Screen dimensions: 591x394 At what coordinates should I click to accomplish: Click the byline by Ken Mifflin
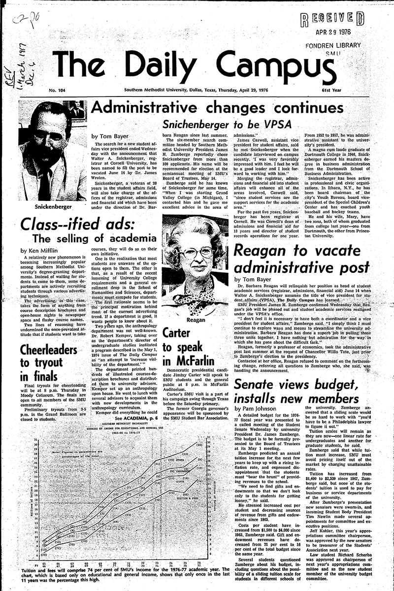click(39, 250)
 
